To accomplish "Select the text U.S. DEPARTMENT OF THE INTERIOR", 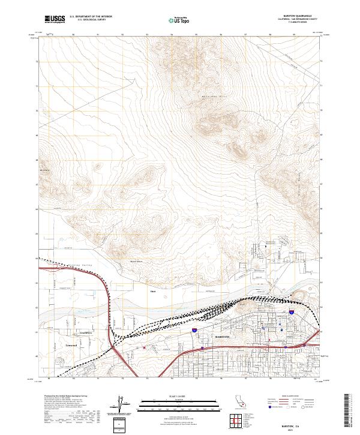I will coord(91,17).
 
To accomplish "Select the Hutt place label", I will coord(152,292).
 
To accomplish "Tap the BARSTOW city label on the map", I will coord(224,338).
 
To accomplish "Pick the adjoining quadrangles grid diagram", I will coord(238,421).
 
